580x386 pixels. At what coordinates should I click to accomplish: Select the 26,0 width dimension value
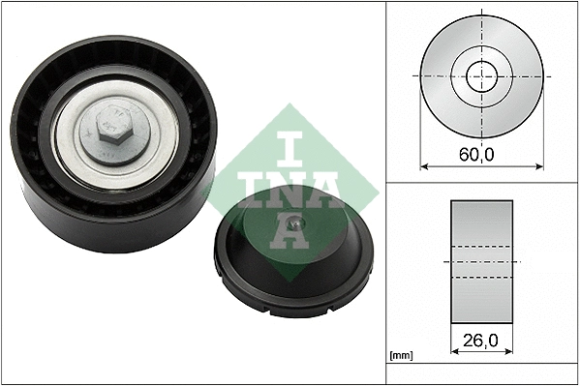[481, 341]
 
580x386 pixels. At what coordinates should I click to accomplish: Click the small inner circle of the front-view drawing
[480, 75]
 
